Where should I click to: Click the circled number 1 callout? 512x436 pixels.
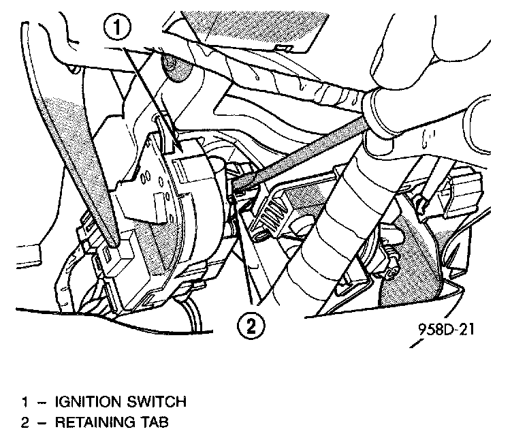[119, 29]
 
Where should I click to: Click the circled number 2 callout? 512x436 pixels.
[252, 325]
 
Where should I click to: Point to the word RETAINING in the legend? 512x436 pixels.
[91, 422]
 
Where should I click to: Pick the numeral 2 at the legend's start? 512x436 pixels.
[24, 422]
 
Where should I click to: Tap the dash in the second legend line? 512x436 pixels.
[42, 422]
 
